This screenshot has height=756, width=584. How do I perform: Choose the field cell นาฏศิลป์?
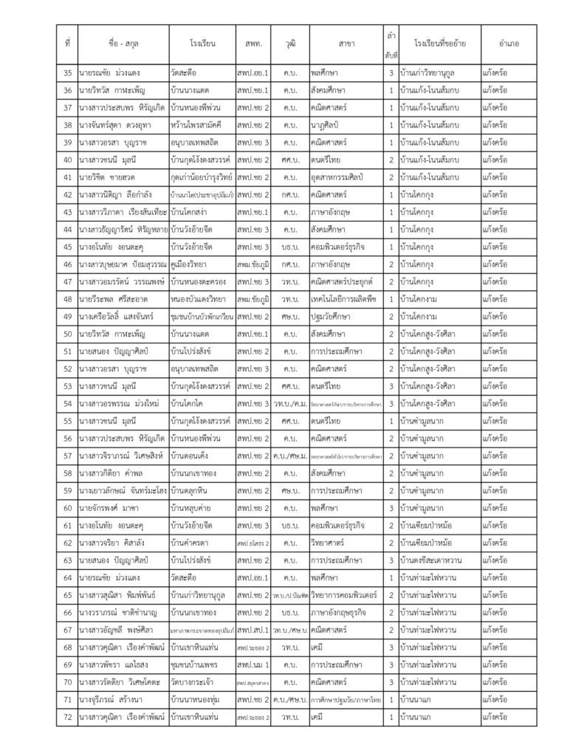[x=328, y=126]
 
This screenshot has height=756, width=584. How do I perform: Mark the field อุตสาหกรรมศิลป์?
[x=340, y=178]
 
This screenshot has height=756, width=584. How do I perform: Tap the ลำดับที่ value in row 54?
[x=391, y=403]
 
